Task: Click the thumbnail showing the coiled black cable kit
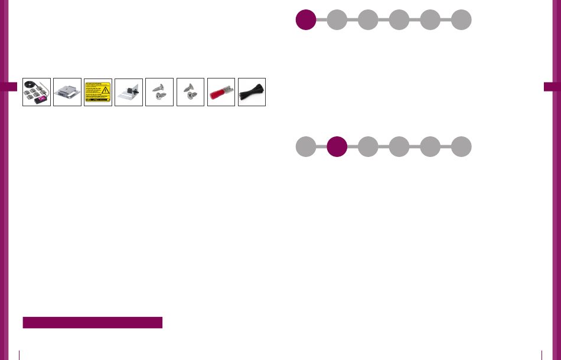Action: [x=37, y=92]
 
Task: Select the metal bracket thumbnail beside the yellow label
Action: [x=67, y=92]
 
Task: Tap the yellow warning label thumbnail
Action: [x=98, y=92]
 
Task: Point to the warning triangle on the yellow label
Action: [x=105, y=90]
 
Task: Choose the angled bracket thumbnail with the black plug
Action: [x=129, y=92]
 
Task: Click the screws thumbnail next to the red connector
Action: [x=190, y=92]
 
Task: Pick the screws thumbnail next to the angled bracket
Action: [x=159, y=92]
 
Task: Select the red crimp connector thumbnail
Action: [x=221, y=92]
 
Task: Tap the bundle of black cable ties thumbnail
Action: [x=252, y=92]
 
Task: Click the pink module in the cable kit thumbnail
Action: [x=43, y=101]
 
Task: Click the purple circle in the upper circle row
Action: [x=305, y=19]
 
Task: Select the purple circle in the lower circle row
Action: [x=337, y=147]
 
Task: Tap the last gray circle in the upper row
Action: [x=461, y=19]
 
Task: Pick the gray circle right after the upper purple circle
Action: [x=337, y=19]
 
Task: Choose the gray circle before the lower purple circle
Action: [x=305, y=147]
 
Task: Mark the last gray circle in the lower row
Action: [x=461, y=147]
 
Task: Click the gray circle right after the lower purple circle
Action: [x=368, y=147]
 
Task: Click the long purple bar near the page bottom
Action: [x=92, y=322]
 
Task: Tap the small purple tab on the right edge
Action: [x=552, y=86]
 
